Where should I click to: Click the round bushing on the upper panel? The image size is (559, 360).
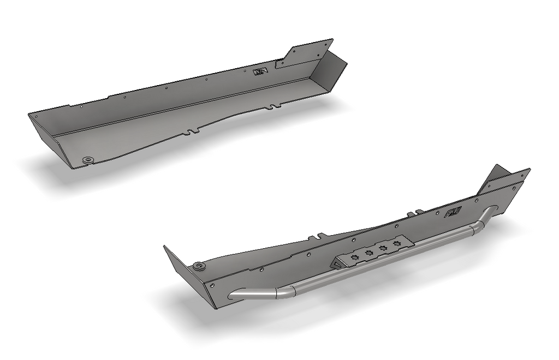click(87, 159)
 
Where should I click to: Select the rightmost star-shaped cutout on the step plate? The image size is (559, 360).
click(396, 242)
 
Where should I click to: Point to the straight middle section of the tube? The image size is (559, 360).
click(382, 259)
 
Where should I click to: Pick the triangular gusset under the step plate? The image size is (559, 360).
click(335, 263)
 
